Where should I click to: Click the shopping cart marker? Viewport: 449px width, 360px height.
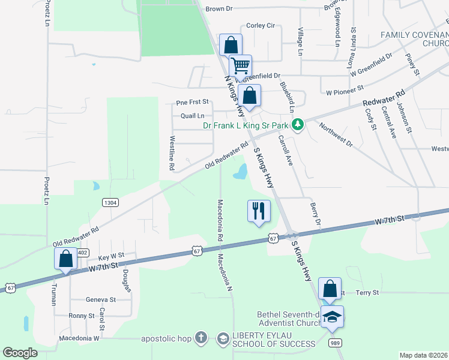(x=240, y=65)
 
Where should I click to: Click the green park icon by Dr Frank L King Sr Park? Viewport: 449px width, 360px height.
(x=297, y=125)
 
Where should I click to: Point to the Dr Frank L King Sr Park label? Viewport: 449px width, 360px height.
(x=245, y=126)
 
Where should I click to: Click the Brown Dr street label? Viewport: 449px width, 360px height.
(x=218, y=9)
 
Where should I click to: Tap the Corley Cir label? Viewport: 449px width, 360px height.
(x=261, y=26)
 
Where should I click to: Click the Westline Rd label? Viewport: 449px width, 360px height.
(x=171, y=155)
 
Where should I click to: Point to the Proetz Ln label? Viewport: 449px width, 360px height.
(x=46, y=190)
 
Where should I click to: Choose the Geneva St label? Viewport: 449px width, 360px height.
(x=100, y=299)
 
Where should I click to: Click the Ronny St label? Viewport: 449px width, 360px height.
(x=82, y=316)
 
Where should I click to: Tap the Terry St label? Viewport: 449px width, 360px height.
(x=367, y=293)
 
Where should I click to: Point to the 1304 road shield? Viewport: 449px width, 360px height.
(x=110, y=203)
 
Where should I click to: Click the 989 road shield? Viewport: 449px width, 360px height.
(x=336, y=343)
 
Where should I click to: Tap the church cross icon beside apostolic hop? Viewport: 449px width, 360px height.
(x=201, y=339)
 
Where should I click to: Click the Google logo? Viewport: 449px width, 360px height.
(x=20, y=353)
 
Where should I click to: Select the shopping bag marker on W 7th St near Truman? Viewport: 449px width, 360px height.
(x=66, y=259)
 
